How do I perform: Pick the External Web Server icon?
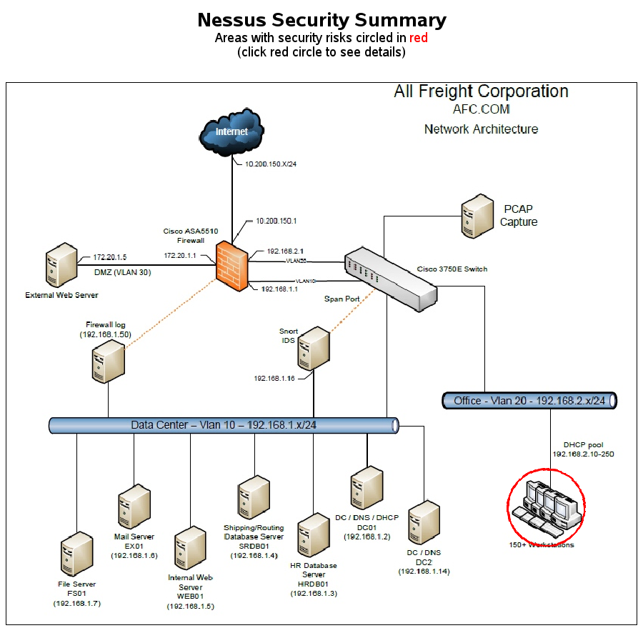pos(61,266)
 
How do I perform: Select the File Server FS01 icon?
pos(76,555)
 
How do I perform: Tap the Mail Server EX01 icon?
pos(134,506)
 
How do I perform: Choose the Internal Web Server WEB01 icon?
pos(190,547)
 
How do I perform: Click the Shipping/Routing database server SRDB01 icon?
pos(254,498)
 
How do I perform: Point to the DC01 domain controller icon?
pos(367,488)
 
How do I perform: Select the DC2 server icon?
pos(423,523)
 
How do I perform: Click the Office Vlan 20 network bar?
pos(529,401)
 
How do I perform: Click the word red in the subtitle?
pos(418,38)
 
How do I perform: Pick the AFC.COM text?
pos(481,109)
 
